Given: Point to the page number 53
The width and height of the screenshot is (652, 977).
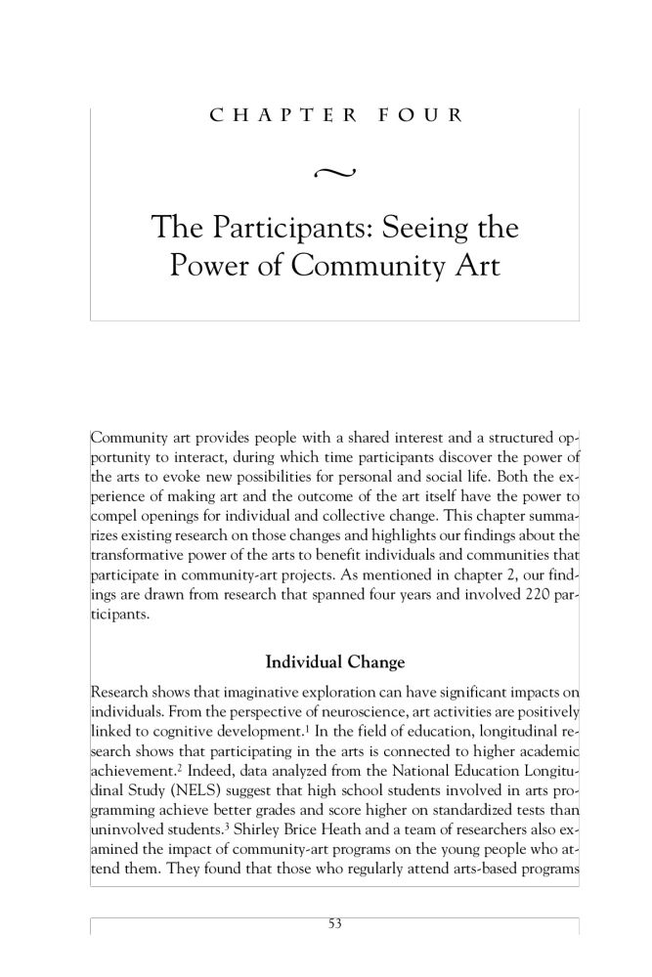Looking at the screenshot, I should click(335, 923).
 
